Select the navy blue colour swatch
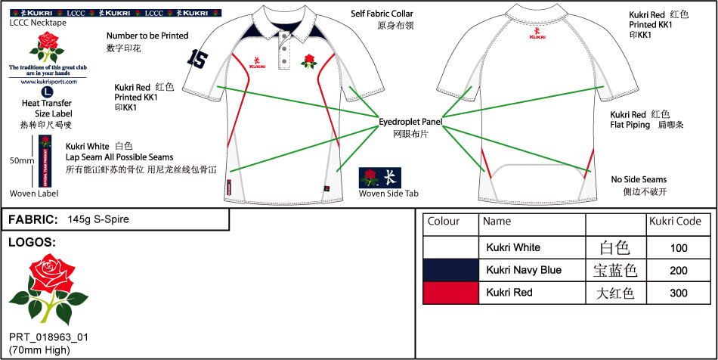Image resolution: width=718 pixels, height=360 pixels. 450,270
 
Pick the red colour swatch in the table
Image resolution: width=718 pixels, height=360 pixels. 450,293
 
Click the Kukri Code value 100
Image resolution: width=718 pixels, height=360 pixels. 679,247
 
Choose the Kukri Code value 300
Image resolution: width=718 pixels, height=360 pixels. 679,293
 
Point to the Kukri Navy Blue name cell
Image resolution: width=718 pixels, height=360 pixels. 524,270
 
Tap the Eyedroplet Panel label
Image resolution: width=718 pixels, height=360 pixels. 410,120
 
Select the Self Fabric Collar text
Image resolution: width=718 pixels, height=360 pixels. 382,14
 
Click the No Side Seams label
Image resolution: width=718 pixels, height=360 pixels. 639,179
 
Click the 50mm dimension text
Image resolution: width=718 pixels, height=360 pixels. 21,161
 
